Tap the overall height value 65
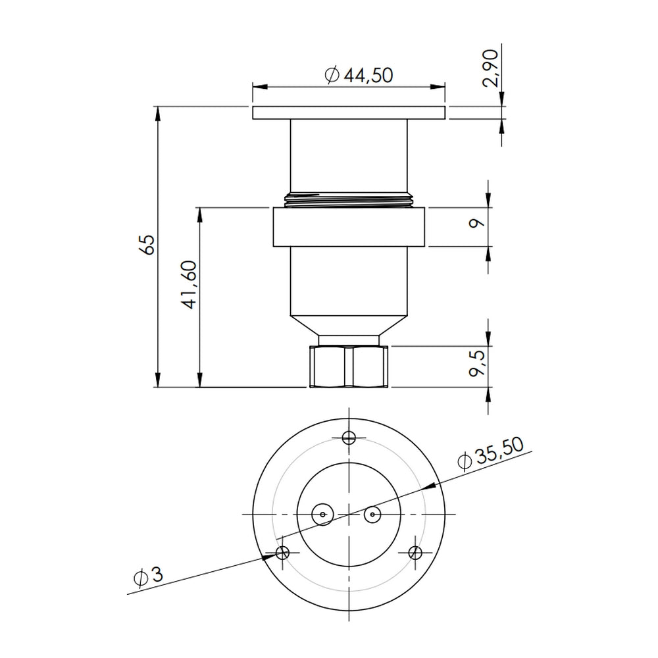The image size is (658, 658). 147,245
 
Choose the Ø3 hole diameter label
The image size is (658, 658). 146,576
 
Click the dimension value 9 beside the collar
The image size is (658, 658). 478,222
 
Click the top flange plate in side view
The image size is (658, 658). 349,113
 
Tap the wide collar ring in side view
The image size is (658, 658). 349,228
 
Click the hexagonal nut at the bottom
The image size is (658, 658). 349,367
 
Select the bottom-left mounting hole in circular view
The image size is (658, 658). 283,553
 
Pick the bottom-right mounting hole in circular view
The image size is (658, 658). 415,553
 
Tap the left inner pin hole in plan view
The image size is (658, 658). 322,513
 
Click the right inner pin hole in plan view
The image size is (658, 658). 373,513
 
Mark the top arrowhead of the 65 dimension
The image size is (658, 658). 158,112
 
